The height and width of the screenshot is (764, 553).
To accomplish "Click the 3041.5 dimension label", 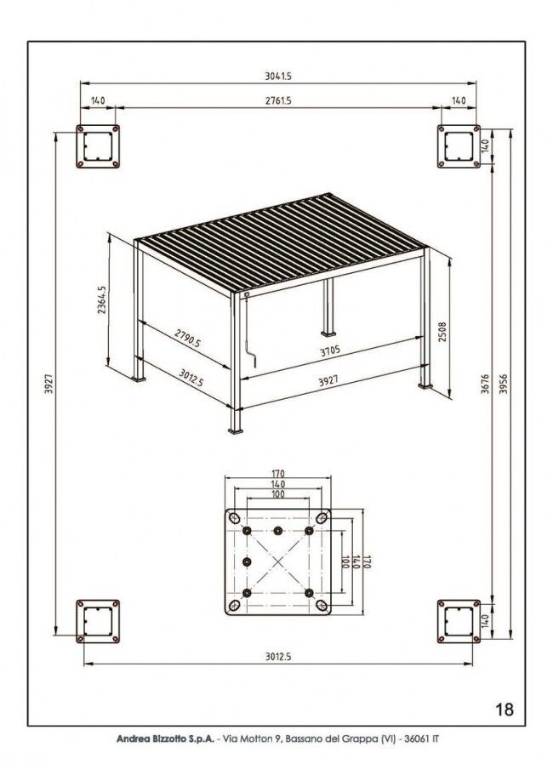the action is tap(278, 76).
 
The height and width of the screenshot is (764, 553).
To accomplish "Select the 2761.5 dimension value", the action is tap(278, 101).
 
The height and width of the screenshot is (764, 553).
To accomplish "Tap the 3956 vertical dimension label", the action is tap(504, 385).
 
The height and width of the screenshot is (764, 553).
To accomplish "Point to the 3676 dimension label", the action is tap(485, 385).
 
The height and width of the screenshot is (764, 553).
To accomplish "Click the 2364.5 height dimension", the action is tap(102, 299).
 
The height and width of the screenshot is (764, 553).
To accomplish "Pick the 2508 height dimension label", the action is tap(442, 332).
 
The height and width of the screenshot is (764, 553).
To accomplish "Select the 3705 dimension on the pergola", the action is tap(330, 351).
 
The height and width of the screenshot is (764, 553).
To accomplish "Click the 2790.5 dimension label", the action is tap(187, 338).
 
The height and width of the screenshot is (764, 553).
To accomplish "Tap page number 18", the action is tap(505, 709).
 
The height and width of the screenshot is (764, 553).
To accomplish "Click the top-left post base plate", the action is tap(98, 146).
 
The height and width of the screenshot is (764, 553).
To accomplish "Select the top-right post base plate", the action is tap(459, 146).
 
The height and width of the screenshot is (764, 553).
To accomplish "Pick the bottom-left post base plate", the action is tap(98, 621).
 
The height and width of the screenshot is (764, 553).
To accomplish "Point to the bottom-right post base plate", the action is tap(459, 621).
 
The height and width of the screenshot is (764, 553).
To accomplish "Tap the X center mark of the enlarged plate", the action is tap(277, 562).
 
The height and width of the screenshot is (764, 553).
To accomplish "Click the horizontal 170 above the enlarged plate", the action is tap(277, 473).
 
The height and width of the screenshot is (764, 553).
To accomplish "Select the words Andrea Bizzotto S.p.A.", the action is tap(165, 739).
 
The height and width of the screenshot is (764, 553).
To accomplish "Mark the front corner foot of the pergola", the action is tap(236, 430).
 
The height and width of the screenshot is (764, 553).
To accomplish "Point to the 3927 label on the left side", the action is tap(48, 384).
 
